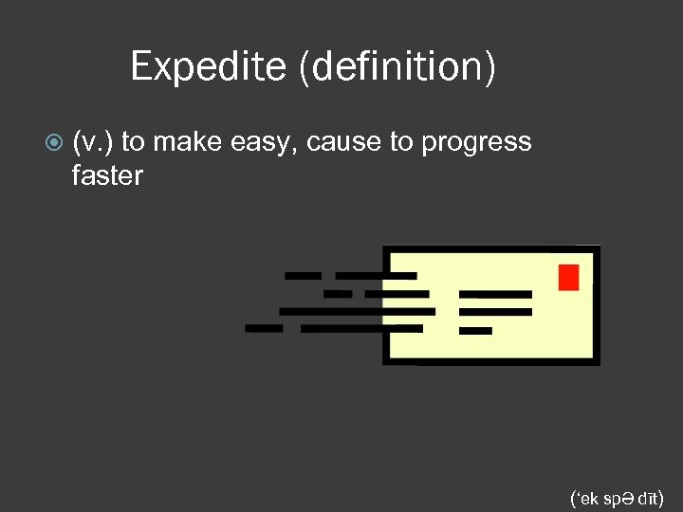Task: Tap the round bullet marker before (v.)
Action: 54,143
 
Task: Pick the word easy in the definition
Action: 251,142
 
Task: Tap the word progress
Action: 476,142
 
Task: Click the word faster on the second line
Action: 107,175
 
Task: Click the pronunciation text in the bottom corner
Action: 618,497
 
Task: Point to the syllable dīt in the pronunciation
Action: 648,497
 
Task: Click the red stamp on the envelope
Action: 568,277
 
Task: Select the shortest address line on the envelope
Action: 475,331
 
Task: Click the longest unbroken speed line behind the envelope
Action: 358,311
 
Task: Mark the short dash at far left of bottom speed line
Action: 264,328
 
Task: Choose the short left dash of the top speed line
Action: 304,276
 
